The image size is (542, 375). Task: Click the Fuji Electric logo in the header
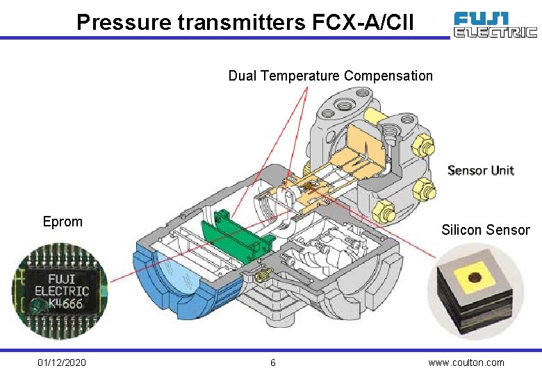click(x=495, y=24)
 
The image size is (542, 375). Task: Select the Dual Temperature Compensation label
click(x=330, y=76)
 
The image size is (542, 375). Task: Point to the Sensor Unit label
click(x=480, y=170)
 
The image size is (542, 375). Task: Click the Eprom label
click(x=63, y=222)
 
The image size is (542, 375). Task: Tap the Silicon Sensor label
click(x=485, y=230)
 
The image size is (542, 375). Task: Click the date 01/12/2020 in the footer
click(x=63, y=362)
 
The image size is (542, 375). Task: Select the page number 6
click(x=273, y=362)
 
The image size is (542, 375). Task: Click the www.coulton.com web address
click(x=466, y=362)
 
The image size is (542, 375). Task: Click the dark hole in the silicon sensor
click(x=475, y=278)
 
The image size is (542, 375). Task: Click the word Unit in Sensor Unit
click(x=502, y=170)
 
